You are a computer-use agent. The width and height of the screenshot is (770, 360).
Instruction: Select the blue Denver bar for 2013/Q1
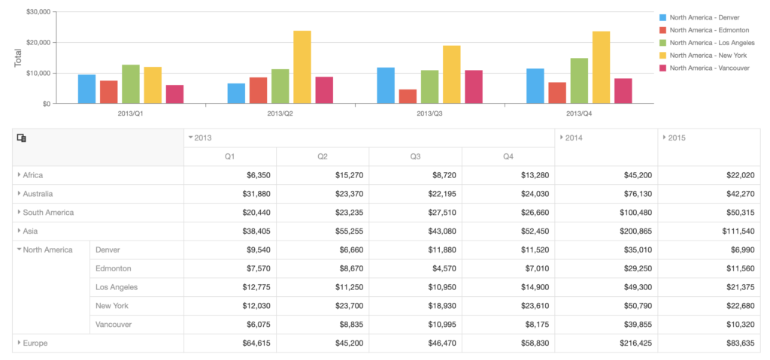coord(87,89)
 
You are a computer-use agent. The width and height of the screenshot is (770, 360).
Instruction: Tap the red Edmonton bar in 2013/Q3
coord(408,96)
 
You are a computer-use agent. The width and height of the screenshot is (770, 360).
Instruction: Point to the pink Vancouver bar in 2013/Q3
coord(474,86)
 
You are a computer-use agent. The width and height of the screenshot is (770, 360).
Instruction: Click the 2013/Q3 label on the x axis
coord(429,113)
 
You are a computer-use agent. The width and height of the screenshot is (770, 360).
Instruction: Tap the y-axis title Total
coord(17,58)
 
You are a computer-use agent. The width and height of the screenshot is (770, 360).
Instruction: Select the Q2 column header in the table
coord(322,156)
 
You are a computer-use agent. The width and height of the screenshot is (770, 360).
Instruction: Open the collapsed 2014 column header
coord(574,138)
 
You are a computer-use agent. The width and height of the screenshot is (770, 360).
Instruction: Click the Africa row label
coord(33,175)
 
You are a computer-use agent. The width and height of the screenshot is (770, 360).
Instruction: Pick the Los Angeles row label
coord(117,287)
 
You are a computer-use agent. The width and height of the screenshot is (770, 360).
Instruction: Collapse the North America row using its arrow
coord(20,250)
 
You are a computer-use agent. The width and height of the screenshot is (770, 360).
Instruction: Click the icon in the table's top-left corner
coord(22,138)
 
